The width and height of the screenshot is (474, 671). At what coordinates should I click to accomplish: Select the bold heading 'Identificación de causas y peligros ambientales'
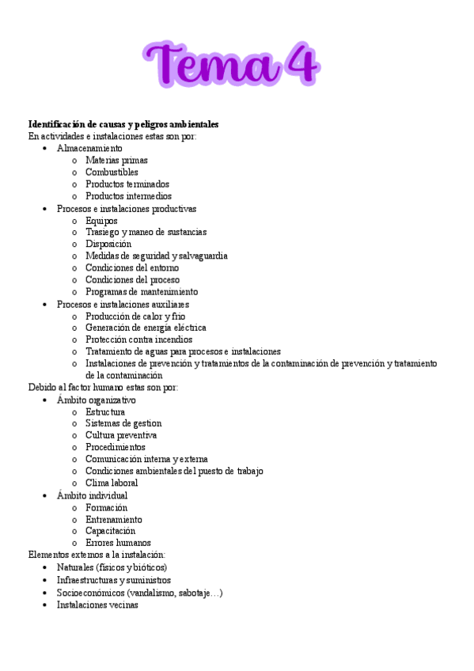pyautogui.click(x=123, y=124)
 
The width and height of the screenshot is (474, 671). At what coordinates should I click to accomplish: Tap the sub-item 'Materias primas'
pyautogui.click(x=116, y=160)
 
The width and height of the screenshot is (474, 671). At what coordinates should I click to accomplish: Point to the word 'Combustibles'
pyautogui.click(x=112, y=172)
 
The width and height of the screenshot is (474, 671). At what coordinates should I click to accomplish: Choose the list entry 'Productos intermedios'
pyautogui.click(x=128, y=196)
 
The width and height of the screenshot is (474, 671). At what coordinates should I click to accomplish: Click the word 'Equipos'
pyautogui.click(x=101, y=221)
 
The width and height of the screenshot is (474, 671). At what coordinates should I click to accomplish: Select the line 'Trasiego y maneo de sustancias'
pyautogui.click(x=146, y=233)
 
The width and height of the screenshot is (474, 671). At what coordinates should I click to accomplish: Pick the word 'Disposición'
pyautogui.click(x=108, y=245)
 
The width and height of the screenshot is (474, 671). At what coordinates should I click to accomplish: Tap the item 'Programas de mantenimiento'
pyautogui.click(x=142, y=292)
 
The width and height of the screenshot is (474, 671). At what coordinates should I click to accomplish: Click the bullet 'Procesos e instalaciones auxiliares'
pyautogui.click(x=123, y=305)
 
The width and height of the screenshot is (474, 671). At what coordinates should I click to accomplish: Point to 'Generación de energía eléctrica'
pyautogui.click(x=146, y=328)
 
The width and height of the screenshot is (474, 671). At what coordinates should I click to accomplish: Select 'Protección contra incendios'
pyautogui.click(x=138, y=339)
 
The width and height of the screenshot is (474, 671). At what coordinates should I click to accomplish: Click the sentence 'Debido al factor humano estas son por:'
pyautogui.click(x=103, y=388)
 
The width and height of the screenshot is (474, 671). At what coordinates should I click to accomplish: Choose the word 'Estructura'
pyautogui.click(x=105, y=411)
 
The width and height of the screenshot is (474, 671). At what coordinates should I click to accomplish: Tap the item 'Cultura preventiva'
pyautogui.click(x=121, y=435)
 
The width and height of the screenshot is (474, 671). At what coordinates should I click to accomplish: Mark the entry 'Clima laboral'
pyautogui.click(x=112, y=483)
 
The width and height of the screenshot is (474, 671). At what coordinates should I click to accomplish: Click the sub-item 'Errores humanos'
pyautogui.click(x=118, y=543)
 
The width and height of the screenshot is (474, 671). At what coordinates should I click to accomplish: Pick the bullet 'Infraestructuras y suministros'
pyautogui.click(x=113, y=580)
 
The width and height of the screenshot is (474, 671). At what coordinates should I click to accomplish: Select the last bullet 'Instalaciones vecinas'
pyautogui.click(x=97, y=605)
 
